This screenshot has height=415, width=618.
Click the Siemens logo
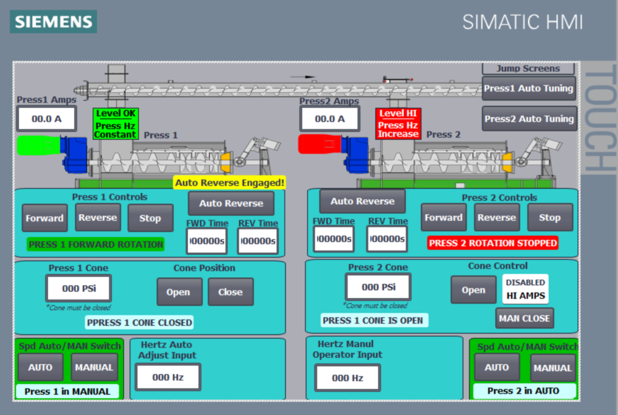(x=53, y=22)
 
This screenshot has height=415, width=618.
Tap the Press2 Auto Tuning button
(x=528, y=119)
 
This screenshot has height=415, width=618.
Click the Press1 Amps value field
(x=46, y=119)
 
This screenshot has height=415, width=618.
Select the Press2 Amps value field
(x=329, y=119)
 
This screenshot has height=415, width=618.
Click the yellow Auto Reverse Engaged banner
(x=229, y=182)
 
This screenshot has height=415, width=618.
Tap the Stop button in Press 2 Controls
(x=549, y=218)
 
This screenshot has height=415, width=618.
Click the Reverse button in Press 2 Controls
(x=497, y=218)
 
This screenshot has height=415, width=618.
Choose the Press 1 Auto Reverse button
(x=231, y=203)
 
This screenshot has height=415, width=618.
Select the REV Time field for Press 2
(x=387, y=239)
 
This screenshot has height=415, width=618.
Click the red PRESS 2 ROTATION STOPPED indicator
(x=492, y=243)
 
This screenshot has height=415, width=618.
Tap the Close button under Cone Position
(x=230, y=292)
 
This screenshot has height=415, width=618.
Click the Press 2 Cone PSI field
(x=378, y=287)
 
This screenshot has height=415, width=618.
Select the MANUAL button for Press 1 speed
(x=94, y=367)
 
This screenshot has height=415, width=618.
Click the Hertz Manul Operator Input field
(x=347, y=378)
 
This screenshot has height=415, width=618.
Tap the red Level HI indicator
(x=398, y=114)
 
